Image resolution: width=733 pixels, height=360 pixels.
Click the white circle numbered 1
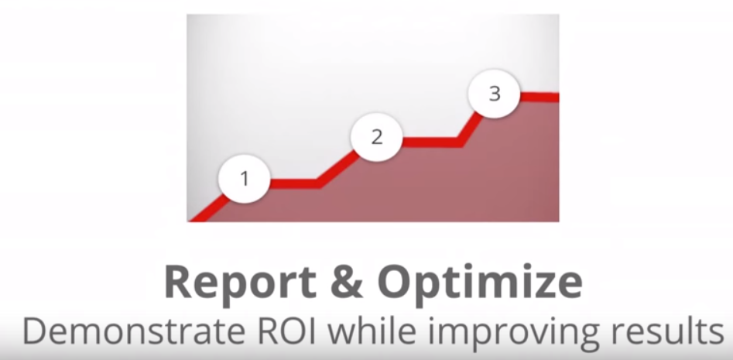click(245, 179)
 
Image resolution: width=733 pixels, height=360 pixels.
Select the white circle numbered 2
click(377, 137)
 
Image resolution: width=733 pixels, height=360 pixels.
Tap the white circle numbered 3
click(494, 94)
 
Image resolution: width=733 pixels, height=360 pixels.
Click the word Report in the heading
click(239, 283)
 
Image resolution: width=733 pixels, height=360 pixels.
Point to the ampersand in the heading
click(345, 283)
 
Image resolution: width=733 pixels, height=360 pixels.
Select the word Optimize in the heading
click(480, 283)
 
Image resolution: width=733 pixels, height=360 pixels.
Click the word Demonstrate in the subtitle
click(134, 331)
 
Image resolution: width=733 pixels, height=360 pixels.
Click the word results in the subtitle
click(673, 331)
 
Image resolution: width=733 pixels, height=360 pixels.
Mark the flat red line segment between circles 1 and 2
click(294, 183)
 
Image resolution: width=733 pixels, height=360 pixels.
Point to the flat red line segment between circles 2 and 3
click(431, 142)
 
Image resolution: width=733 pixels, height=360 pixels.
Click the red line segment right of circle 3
click(539, 97)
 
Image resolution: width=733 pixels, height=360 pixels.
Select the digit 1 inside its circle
click(245, 179)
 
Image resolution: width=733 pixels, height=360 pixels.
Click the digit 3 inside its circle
click(495, 94)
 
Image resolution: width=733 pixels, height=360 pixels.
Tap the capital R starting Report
click(180, 283)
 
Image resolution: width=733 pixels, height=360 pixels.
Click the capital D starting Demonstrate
click(34, 331)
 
